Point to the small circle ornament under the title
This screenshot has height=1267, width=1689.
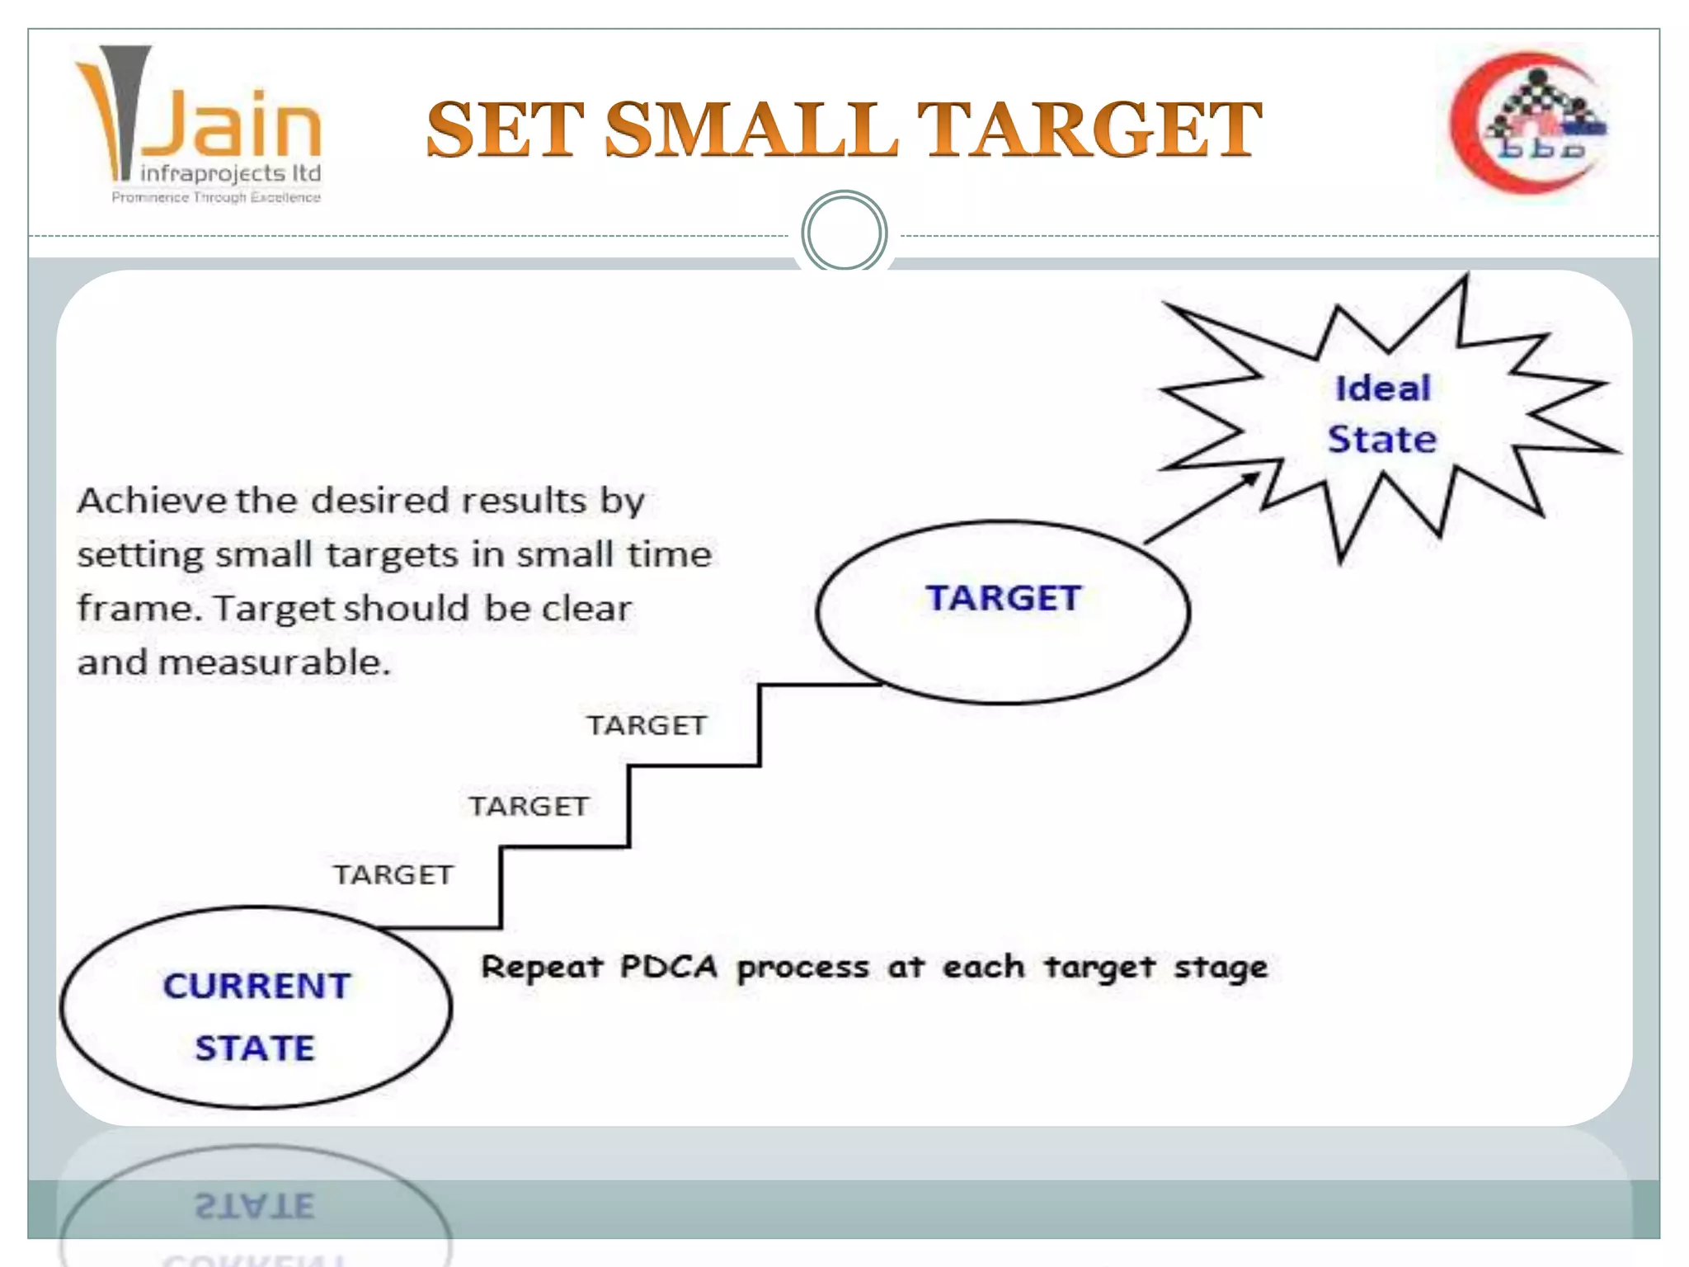[x=844, y=233]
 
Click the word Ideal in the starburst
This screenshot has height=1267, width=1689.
[x=1383, y=389]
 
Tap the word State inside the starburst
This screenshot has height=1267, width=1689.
[x=1382, y=439]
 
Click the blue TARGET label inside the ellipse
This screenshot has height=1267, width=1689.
[x=1003, y=598]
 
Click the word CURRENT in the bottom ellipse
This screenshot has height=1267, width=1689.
[x=257, y=986]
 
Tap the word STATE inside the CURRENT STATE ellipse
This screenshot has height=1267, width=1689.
[x=255, y=1048]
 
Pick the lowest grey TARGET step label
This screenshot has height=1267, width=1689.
[x=393, y=874]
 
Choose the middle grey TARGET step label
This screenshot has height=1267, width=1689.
[x=529, y=806]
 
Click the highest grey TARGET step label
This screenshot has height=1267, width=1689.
[x=647, y=725]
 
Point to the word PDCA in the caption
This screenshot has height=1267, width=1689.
[x=668, y=967]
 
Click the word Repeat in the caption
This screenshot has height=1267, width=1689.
[x=542, y=967]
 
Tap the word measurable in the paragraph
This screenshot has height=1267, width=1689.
[x=274, y=662]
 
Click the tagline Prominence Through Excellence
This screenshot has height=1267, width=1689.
[x=216, y=197]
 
